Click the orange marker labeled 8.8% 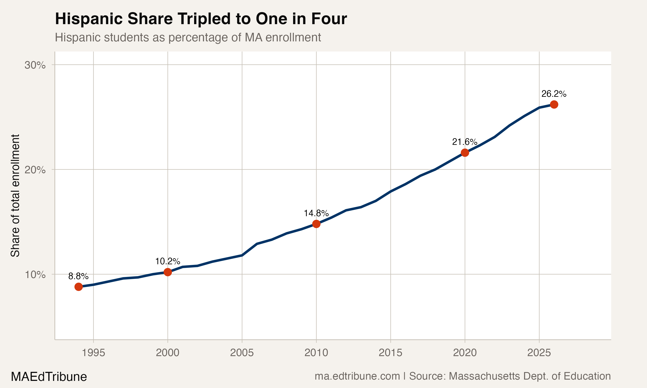(x=79, y=287)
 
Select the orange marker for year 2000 (x=168, y=272)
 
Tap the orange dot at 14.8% (x=316, y=224)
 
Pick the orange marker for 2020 (x=465, y=153)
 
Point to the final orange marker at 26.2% (x=554, y=105)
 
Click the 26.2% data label (x=554, y=94)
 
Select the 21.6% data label (x=465, y=142)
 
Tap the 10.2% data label (x=168, y=261)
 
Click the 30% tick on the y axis (x=35, y=65)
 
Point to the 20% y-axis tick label (x=35, y=170)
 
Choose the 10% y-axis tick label (x=35, y=275)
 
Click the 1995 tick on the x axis (x=93, y=353)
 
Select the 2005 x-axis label (x=242, y=353)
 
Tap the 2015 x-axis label (x=390, y=353)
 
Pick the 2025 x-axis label (x=539, y=353)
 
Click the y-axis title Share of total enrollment (x=15, y=196)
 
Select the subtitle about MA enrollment (x=188, y=37)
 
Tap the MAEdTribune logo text (x=49, y=377)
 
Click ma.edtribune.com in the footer (x=357, y=376)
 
